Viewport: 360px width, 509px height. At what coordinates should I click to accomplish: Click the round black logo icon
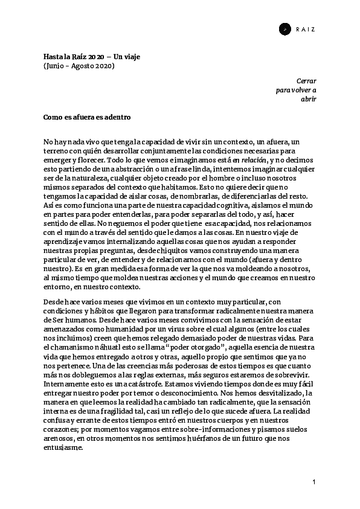[x=285, y=28]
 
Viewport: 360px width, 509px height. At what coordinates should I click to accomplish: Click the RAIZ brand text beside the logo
[x=306, y=28]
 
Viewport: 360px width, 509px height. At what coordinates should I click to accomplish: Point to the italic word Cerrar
[x=306, y=80]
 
